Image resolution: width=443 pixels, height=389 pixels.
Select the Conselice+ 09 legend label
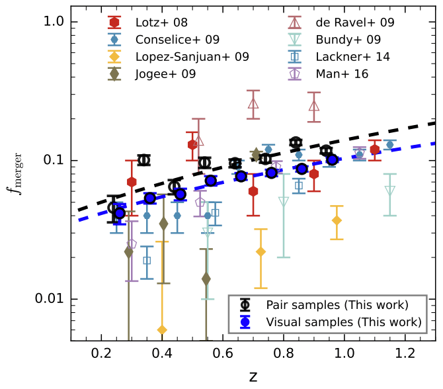179,40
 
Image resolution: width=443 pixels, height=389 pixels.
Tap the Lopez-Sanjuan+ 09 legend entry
193,57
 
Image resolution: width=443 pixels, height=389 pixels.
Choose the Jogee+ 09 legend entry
166,74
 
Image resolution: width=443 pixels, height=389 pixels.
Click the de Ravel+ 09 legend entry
357,22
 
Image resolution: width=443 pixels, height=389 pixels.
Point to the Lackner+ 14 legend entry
353,57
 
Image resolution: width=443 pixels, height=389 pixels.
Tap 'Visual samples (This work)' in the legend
343,322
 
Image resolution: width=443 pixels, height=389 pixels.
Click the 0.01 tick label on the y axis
48,299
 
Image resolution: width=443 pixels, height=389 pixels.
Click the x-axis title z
253,376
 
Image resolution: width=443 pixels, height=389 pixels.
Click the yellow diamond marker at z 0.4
162,329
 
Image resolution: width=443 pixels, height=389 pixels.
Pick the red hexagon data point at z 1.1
375,150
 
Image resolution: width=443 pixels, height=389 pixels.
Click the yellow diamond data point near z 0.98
337,220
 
